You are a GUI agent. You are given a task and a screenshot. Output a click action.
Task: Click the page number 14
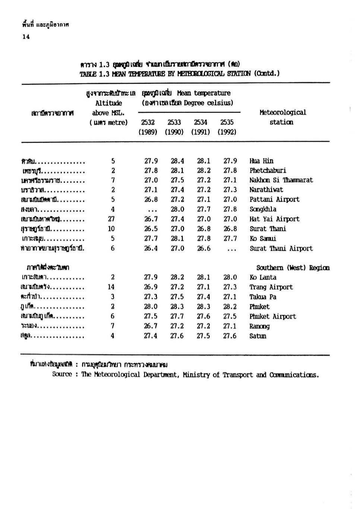click(x=26, y=36)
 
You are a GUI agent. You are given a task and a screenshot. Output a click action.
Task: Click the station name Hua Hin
click(x=261, y=161)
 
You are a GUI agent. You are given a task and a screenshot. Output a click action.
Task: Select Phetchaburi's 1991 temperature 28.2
click(x=203, y=171)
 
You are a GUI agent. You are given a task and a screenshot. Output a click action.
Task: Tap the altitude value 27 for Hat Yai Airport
click(x=111, y=219)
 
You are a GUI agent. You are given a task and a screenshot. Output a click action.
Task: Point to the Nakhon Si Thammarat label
click(x=281, y=180)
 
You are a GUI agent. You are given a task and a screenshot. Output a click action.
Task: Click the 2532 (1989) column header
click(x=148, y=127)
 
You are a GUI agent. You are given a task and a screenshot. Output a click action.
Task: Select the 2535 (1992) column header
click(x=227, y=127)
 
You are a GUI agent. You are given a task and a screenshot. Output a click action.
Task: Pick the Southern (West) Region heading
click(x=293, y=268)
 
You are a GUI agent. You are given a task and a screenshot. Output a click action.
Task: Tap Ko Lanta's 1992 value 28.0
click(x=230, y=277)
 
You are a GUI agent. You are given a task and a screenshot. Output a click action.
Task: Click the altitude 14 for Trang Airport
click(x=111, y=287)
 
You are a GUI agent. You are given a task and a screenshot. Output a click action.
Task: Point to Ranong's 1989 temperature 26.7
click(x=151, y=326)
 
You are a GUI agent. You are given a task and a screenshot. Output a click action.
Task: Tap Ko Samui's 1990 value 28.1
click(x=177, y=238)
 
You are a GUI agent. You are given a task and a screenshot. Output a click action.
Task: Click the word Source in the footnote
click(x=62, y=374)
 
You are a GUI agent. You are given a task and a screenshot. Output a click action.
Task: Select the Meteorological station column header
click(x=282, y=117)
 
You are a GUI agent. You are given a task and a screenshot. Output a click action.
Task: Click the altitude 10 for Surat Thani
click(x=111, y=229)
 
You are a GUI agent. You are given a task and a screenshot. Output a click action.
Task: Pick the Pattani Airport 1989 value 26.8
click(x=151, y=200)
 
